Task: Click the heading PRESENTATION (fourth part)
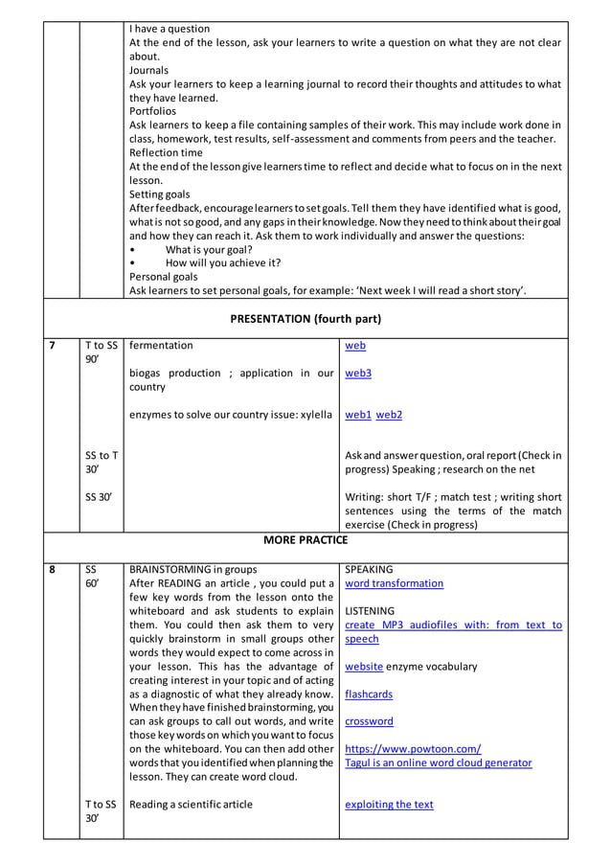pyautogui.click(x=305, y=318)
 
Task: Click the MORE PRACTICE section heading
pyautogui.click(x=305, y=540)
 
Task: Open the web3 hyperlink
pyautogui.click(x=358, y=374)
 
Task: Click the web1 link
pyautogui.click(x=358, y=415)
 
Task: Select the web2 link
pyautogui.click(x=389, y=415)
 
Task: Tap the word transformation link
pyautogui.click(x=394, y=583)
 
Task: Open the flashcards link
pyautogui.click(x=369, y=694)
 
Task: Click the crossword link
pyautogui.click(x=369, y=721)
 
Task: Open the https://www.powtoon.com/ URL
pyautogui.click(x=413, y=749)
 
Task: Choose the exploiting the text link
pyautogui.click(x=389, y=805)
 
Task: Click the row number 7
pyautogui.click(x=53, y=346)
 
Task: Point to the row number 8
pyautogui.click(x=53, y=569)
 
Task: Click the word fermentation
pyautogui.click(x=161, y=346)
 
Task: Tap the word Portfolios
pyautogui.click(x=154, y=111)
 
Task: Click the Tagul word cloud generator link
pyautogui.click(x=438, y=763)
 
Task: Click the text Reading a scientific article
pyautogui.click(x=192, y=805)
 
